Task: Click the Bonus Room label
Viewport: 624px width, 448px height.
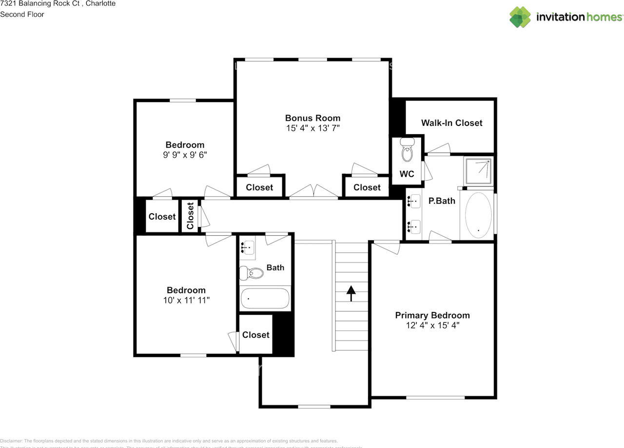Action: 312,118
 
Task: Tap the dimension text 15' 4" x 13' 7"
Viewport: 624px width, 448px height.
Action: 312,128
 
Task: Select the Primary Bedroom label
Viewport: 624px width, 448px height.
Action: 432,315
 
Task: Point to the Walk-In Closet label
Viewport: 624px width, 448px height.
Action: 451,123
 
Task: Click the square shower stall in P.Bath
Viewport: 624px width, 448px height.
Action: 478,170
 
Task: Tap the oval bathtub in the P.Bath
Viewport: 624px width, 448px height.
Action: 479,215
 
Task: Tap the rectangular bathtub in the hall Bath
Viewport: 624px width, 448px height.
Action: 265,298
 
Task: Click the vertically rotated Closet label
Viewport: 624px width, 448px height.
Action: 190,216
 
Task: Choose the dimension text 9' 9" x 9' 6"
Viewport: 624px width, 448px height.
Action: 185,155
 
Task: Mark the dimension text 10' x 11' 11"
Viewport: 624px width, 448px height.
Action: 186,301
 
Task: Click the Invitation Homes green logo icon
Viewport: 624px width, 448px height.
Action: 520,17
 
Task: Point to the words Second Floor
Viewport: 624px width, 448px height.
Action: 22,14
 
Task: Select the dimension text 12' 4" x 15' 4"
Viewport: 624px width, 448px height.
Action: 432,326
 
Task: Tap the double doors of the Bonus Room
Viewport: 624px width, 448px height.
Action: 314,193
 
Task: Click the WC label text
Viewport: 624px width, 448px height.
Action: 407,174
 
